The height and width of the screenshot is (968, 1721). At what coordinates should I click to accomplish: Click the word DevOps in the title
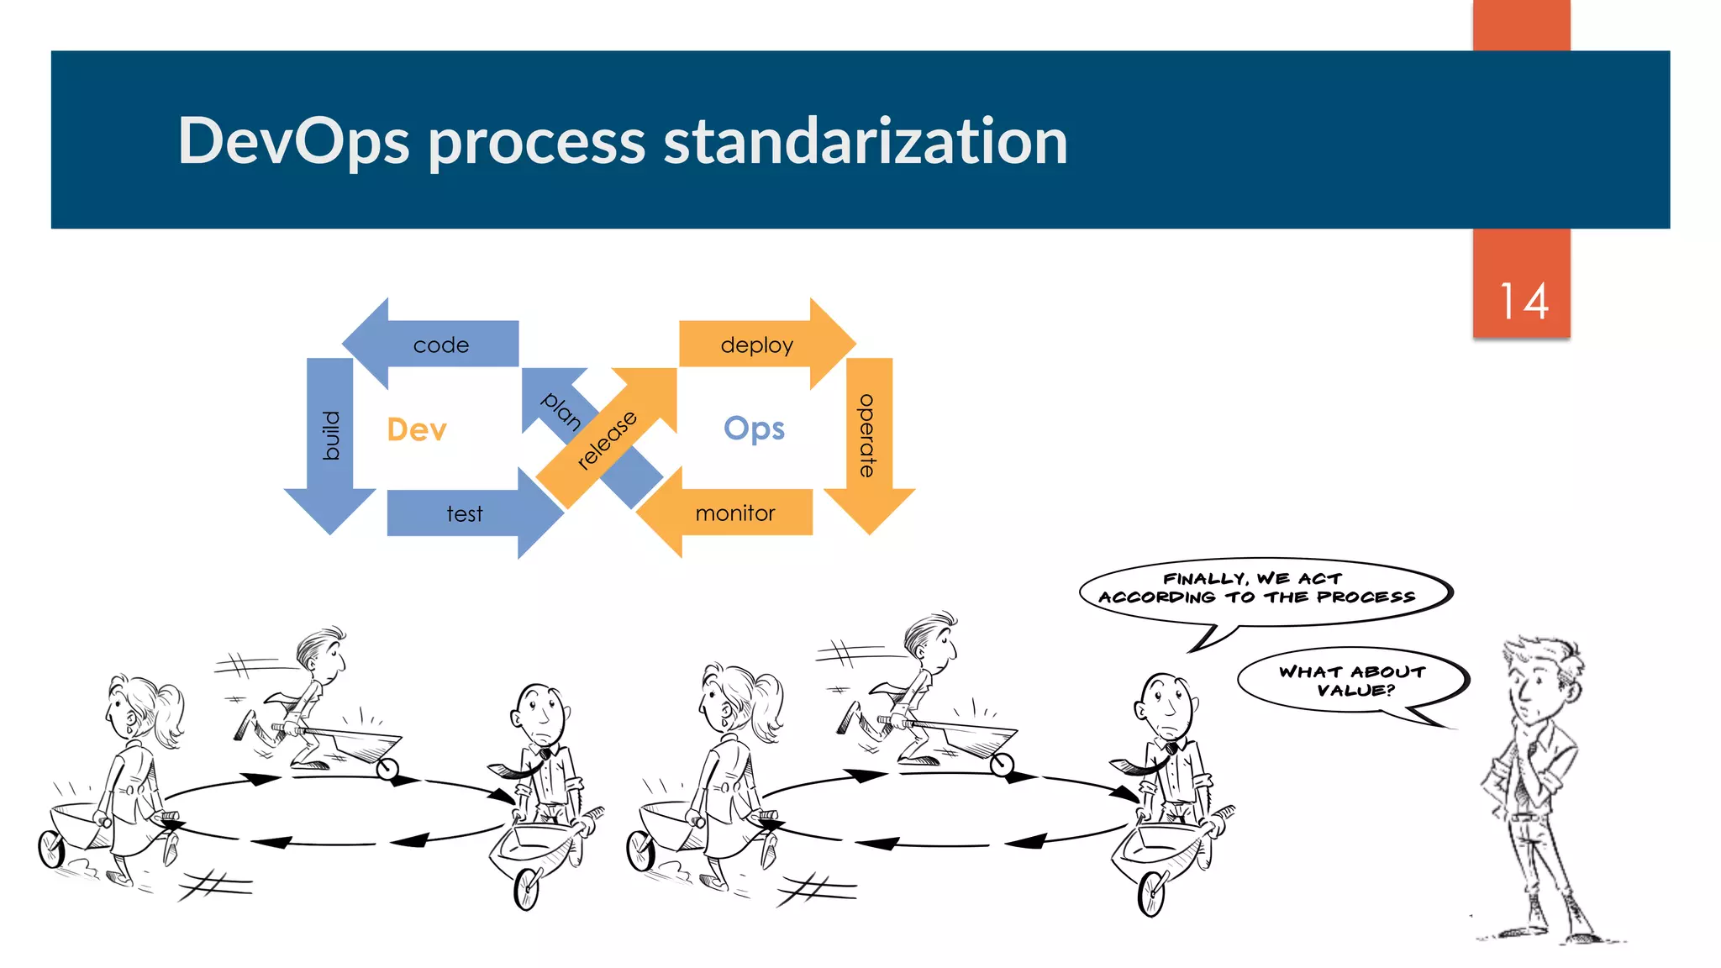click(293, 141)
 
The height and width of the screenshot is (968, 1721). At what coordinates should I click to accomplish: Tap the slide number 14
click(1523, 302)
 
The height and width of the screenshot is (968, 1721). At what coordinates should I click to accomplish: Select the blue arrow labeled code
click(440, 345)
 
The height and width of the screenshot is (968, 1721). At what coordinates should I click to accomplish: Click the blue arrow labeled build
click(330, 437)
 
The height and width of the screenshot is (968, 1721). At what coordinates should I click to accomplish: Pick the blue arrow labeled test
click(465, 513)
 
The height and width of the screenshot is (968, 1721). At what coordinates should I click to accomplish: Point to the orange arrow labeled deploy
click(756, 345)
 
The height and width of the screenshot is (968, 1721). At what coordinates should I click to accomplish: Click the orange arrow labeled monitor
click(734, 513)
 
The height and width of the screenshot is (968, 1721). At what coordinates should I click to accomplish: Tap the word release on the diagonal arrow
click(607, 439)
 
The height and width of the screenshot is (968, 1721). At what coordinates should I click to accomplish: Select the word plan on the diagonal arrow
click(561, 411)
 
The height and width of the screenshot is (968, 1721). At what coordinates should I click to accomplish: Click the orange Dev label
click(417, 429)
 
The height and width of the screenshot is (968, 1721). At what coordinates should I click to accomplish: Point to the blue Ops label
click(754, 429)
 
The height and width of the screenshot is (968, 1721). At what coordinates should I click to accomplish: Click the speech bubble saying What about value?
click(1351, 681)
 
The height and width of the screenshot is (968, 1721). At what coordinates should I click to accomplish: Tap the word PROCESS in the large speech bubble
click(1366, 597)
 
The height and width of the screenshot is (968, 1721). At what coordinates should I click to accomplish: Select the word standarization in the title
click(866, 141)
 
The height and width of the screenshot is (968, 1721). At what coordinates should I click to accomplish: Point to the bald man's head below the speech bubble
click(1164, 702)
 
